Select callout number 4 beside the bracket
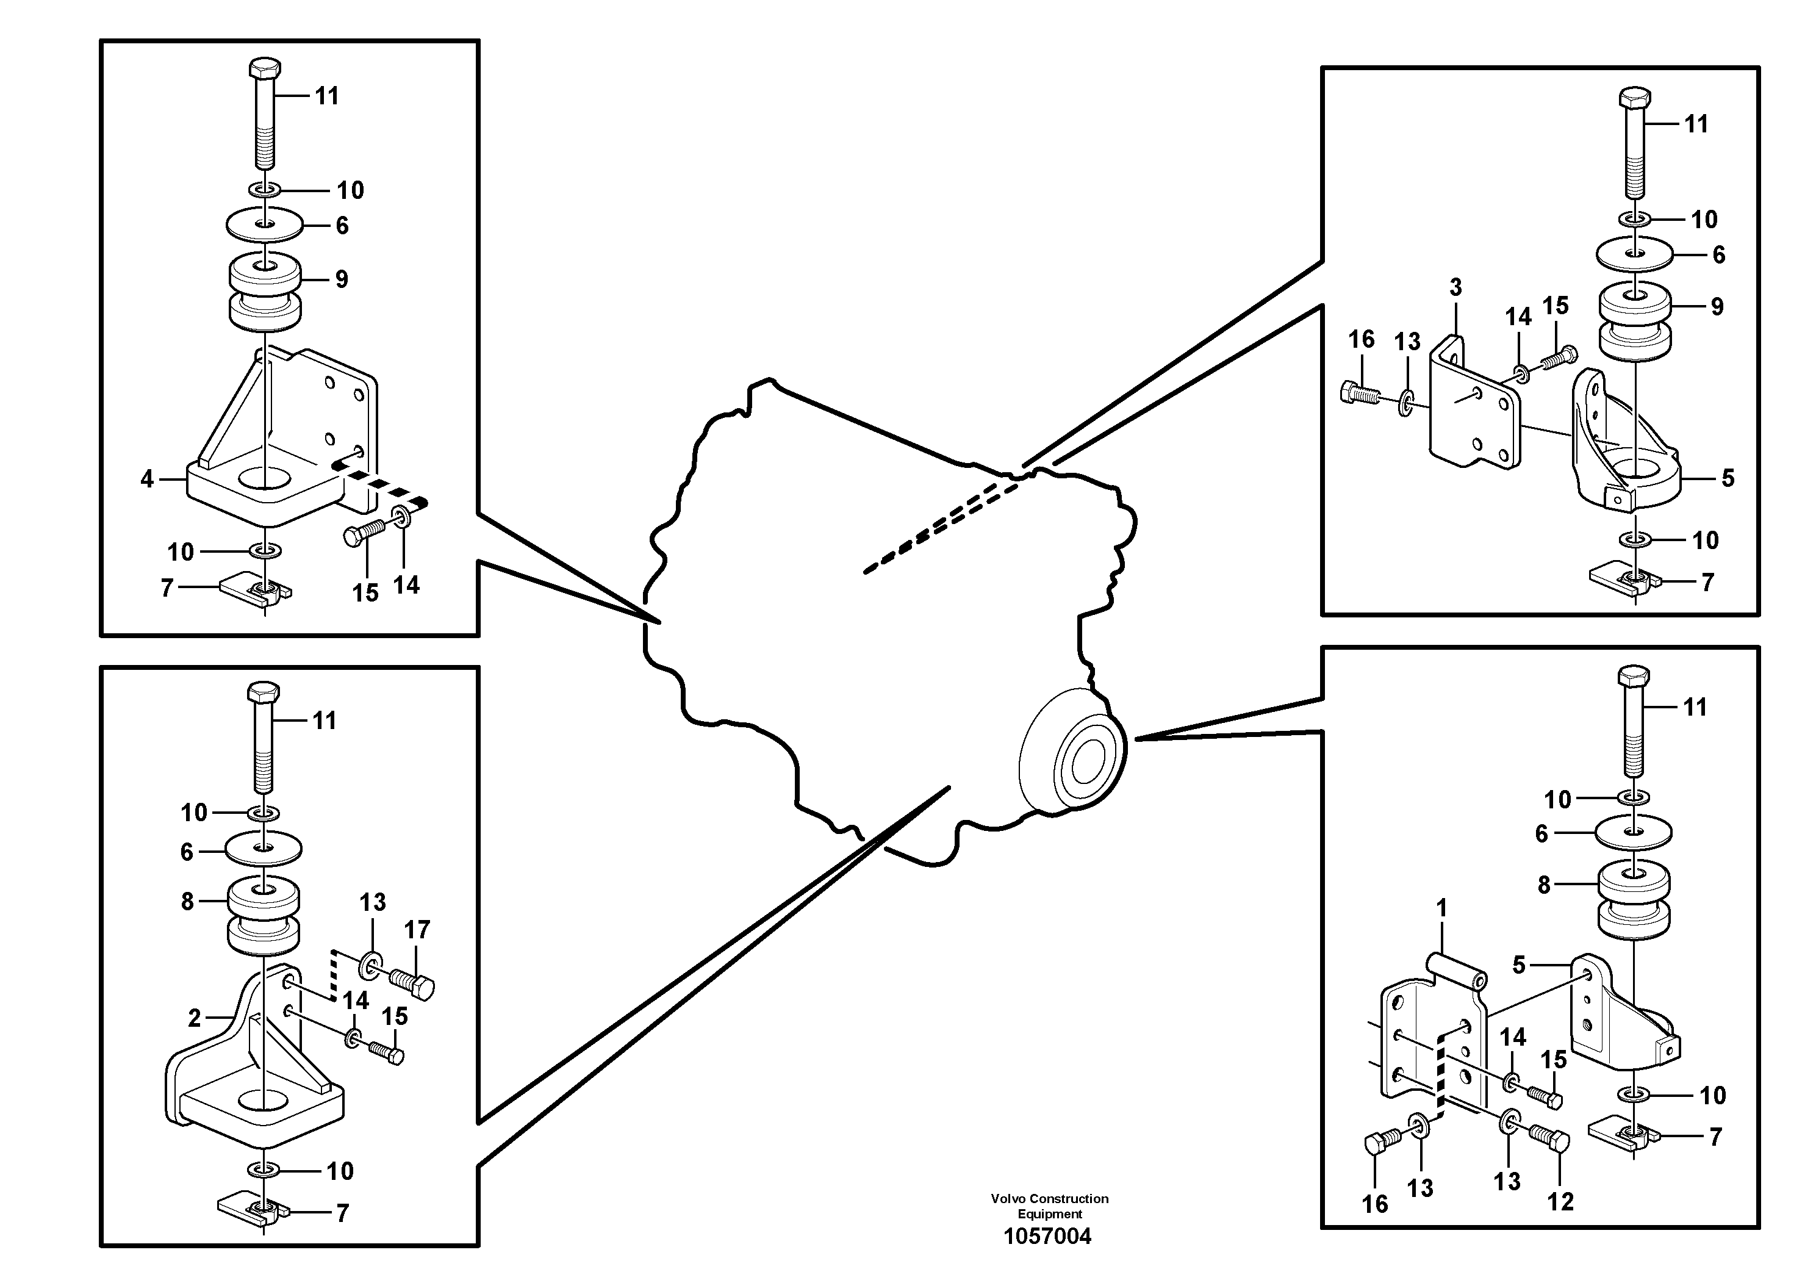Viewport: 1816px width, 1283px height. (147, 480)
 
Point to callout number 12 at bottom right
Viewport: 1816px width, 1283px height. (1560, 1201)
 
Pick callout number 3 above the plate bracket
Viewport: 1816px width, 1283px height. (1455, 287)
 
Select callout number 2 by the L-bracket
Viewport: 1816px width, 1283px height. (194, 1018)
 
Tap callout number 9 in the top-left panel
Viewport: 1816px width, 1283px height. (341, 279)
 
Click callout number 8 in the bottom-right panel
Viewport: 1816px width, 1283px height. (1544, 885)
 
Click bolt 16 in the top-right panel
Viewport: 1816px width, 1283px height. (1360, 393)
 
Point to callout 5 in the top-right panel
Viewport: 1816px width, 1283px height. (1728, 478)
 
